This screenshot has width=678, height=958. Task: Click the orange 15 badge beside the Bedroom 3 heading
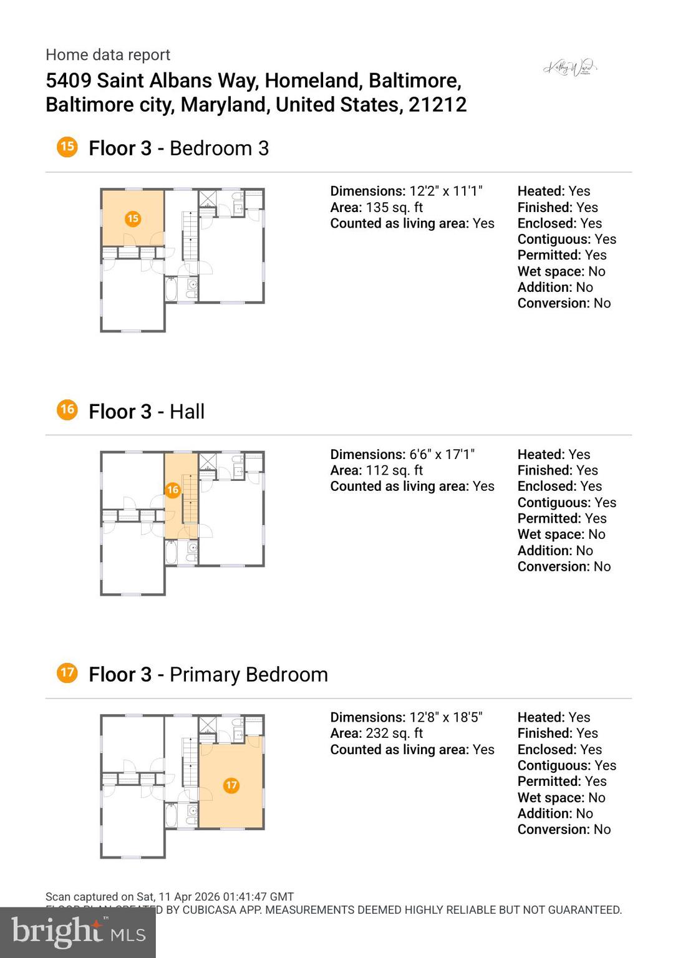[67, 147]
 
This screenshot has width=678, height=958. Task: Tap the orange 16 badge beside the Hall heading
[67, 410]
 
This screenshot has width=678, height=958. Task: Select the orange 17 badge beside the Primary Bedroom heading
[67, 673]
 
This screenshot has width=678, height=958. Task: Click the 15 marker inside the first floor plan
[132, 218]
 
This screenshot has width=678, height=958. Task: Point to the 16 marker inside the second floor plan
[173, 490]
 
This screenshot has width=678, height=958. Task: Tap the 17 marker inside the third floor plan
[231, 785]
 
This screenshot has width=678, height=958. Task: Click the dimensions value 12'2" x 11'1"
[446, 191]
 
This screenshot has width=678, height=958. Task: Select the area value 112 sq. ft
[394, 470]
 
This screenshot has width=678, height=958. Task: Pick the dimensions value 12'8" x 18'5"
[446, 717]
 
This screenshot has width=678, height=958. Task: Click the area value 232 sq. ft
[394, 733]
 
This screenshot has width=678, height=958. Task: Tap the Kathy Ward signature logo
[570, 67]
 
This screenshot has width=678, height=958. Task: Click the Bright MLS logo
[77, 932]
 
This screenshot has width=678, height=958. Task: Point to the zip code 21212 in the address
[437, 105]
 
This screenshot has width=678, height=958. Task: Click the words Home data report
[108, 55]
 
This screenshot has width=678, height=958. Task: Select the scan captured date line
[170, 897]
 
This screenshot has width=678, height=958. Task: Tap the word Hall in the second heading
[187, 412]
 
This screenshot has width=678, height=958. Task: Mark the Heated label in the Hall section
[540, 455]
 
